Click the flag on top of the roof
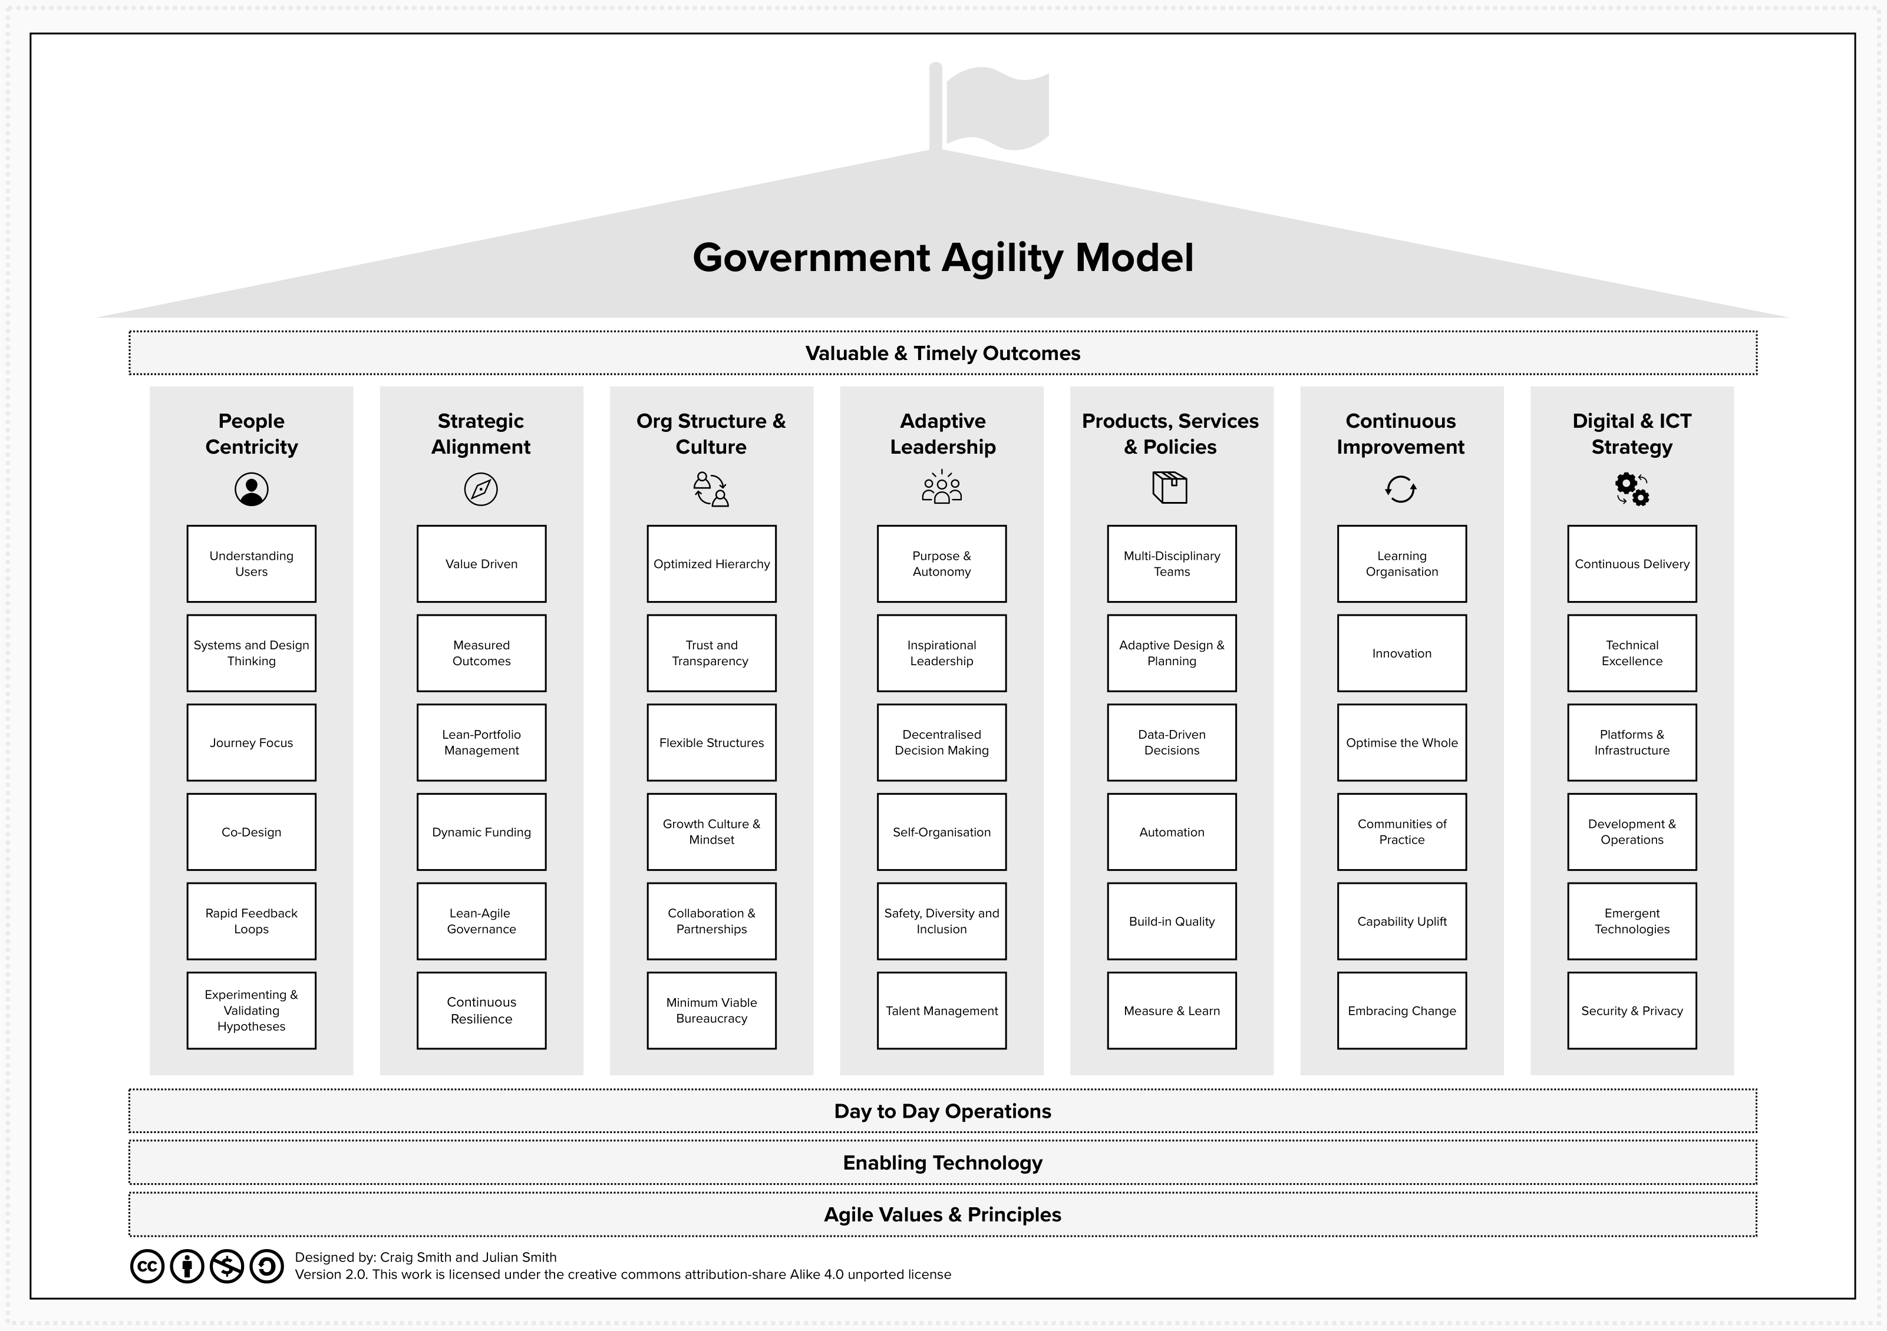996,108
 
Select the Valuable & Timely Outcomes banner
943,354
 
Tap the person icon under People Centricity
252,489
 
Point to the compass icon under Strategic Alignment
481,489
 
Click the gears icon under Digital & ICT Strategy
1631,489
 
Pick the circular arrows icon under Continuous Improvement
1400,489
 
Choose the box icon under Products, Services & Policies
1170,487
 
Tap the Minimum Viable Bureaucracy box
712,1010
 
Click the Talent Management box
942,1010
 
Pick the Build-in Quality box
1172,921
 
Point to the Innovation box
1402,653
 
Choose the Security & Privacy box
1632,1010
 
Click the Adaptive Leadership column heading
943,434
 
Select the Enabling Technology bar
943,1162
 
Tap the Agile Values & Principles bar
943,1214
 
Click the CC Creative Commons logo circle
148,1266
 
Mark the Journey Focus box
252,743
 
